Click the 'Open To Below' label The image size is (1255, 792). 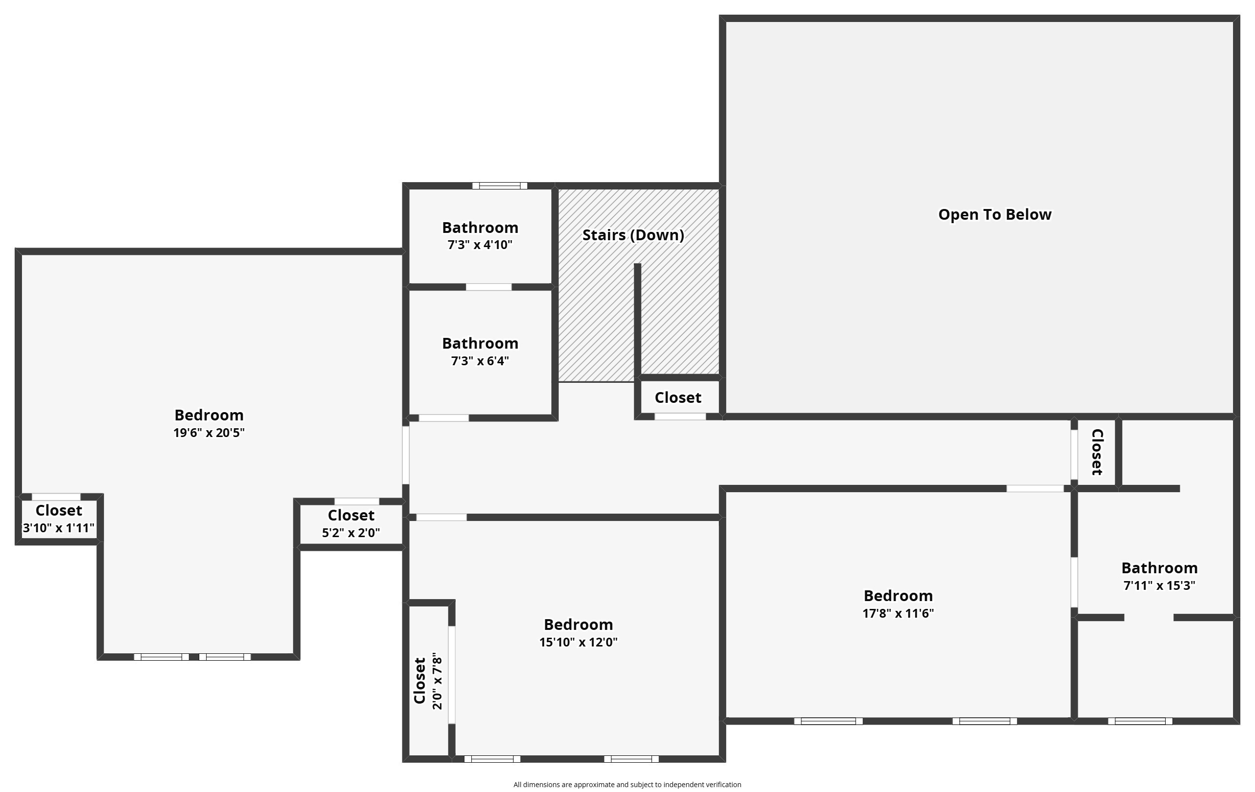pyautogui.click(x=994, y=215)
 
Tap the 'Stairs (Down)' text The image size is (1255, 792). pyautogui.click(x=633, y=235)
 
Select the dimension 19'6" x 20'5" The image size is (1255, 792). pyautogui.click(x=209, y=433)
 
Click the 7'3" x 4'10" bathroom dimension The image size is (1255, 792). pyautogui.click(x=480, y=245)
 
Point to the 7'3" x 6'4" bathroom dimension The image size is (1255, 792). pyautogui.click(x=480, y=360)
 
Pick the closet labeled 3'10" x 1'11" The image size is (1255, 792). pyautogui.click(x=59, y=528)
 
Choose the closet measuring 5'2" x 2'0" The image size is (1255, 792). pyautogui.click(x=351, y=533)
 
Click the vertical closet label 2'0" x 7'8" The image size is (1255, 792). pyautogui.click(x=437, y=681)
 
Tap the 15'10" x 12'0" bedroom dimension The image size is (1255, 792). pyautogui.click(x=578, y=642)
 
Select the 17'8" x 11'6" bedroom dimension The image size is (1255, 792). pyautogui.click(x=898, y=613)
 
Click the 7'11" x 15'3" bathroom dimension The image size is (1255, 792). pyautogui.click(x=1159, y=585)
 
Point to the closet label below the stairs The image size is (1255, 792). pyautogui.click(x=677, y=397)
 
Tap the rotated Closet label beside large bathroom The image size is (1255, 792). pyautogui.click(x=1097, y=452)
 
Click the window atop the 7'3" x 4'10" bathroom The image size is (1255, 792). pyautogui.click(x=499, y=186)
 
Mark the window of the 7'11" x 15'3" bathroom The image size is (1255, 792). pyautogui.click(x=1140, y=721)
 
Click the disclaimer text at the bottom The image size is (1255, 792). pyautogui.click(x=627, y=785)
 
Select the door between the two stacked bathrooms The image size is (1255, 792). pyautogui.click(x=488, y=287)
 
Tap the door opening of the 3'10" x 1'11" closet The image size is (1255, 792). pyautogui.click(x=56, y=497)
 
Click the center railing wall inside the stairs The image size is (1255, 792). pyautogui.click(x=637, y=320)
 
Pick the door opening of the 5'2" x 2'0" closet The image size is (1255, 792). pyautogui.click(x=356, y=501)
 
